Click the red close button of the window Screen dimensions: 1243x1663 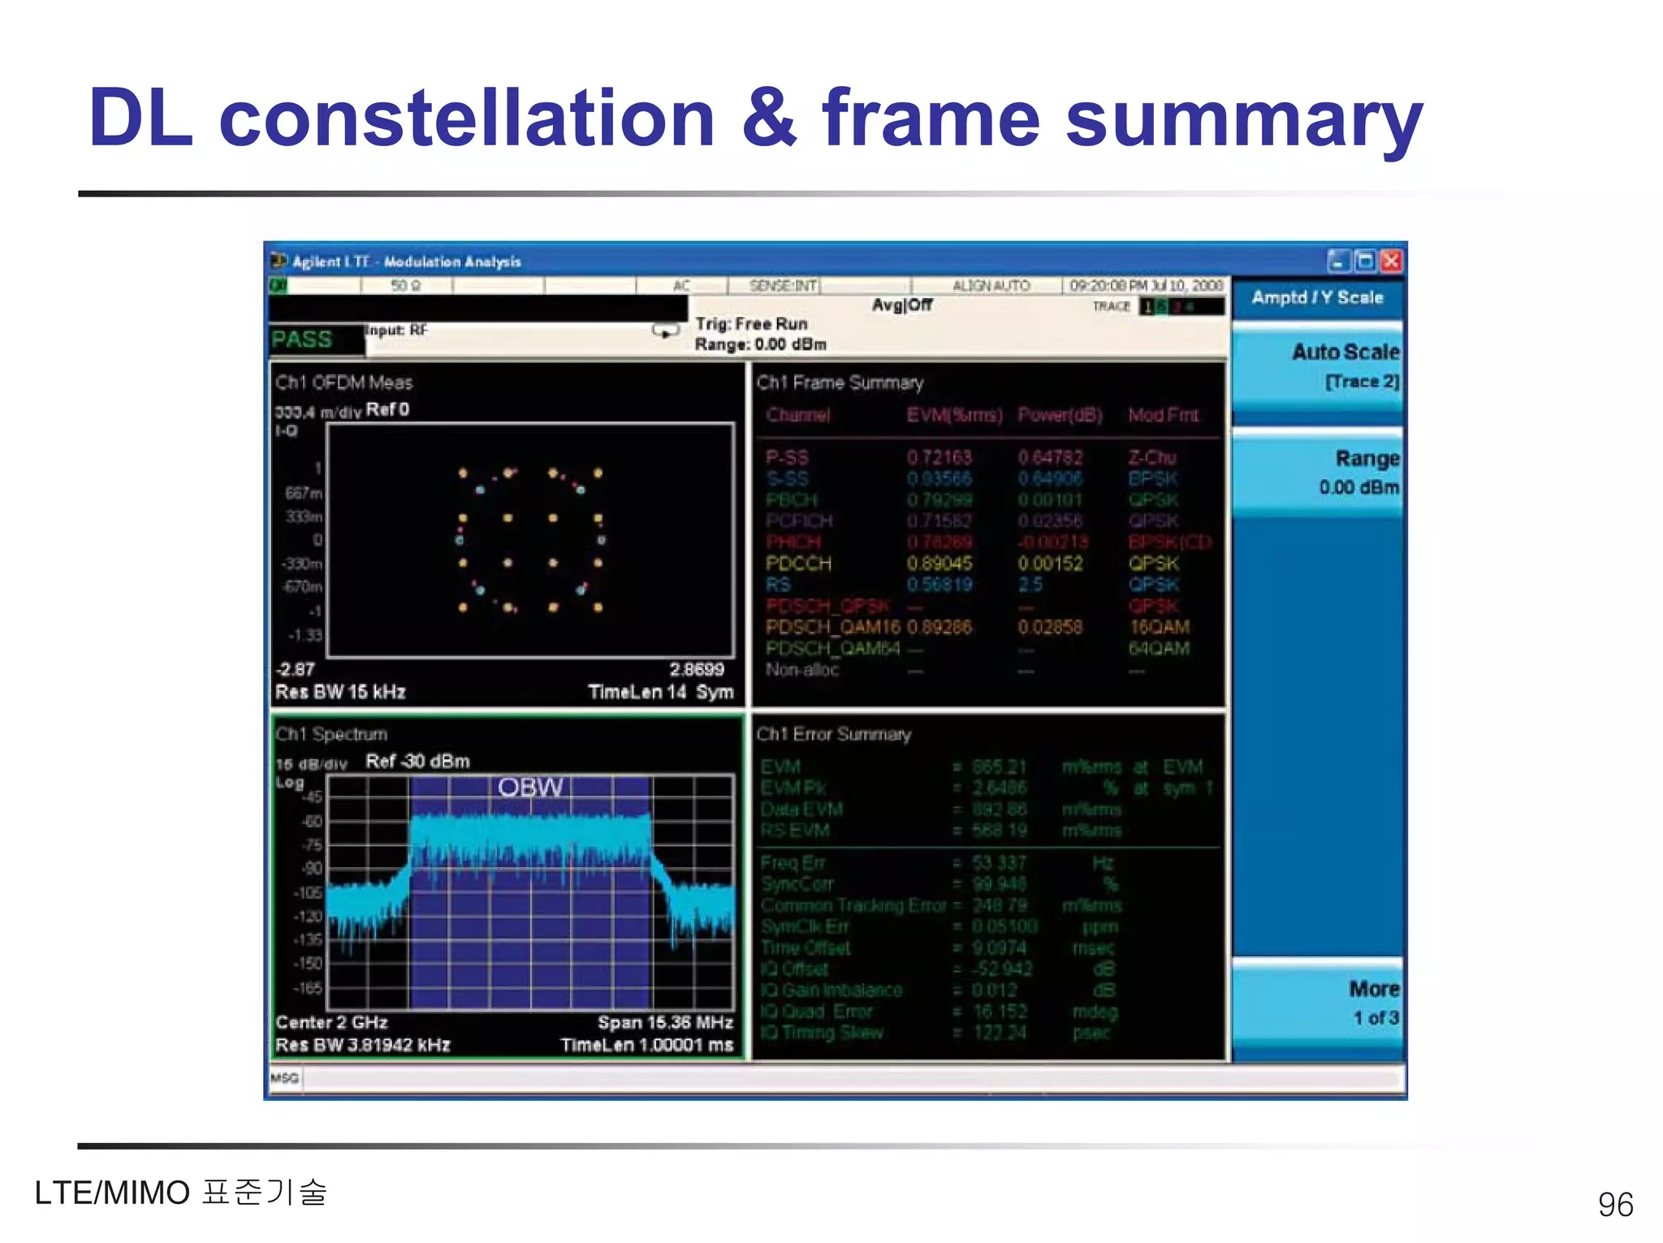pyautogui.click(x=1391, y=261)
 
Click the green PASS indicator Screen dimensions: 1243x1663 pyautogui.click(x=302, y=339)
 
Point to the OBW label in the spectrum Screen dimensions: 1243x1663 pyautogui.click(x=529, y=787)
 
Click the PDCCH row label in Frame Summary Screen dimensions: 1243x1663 pyautogui.click(x=798, y=563)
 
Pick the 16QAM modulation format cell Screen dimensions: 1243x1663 pyautogui.click(x=1159, y=628)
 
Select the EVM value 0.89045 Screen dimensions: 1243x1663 pyautogui.click(x=939, y=563)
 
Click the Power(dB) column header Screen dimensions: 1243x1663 pyautogui.click(x=1060, y=416)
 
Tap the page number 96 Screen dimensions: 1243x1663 pyautogui.click(x=1614, y=1205)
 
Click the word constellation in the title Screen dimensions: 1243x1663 pyautogui.click(x=467, y=119)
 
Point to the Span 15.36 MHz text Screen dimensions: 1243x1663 pyautogui.click(x=665, y=1022)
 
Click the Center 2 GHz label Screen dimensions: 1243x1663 pyautogui.click(x=331, y=1022)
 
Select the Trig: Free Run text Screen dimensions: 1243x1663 pyautogui.click(x=751, y=324)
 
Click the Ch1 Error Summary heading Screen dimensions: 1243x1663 pyautogui.click(x=833, y=734)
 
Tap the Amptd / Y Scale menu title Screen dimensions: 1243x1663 pyautogui.click(x=1316, y=298)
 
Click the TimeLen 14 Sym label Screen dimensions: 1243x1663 pyautogui.click(x=660, y=692)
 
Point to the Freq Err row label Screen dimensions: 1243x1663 pyautogui.click(x=793, y=863)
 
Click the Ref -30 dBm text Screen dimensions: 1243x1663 pyautogui.click(x=417, y=762)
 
